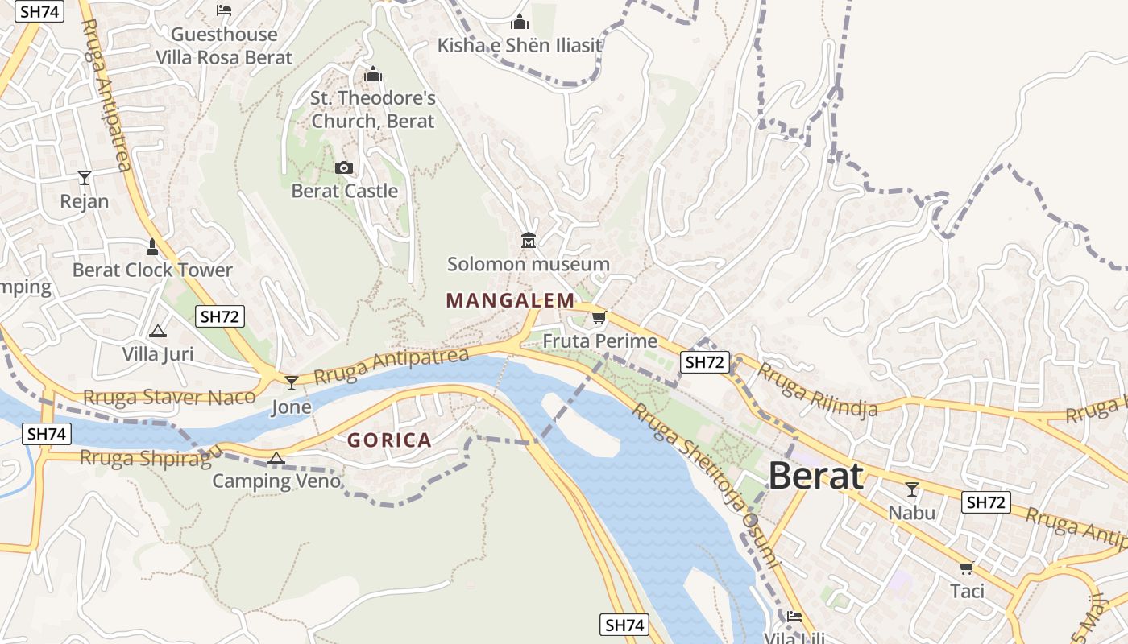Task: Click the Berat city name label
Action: click(x=815, y=476)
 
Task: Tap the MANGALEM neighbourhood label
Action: click(x=510, y=301)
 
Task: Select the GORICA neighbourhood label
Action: click(x=389, y=440)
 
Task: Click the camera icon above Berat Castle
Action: click(x=344, y=167)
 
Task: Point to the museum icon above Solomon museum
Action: click(x=529, y=240)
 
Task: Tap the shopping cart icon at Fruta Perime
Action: click(x=599, y=318)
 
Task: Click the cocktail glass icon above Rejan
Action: click(x=85, y=177)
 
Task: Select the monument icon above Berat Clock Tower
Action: click(x=152, y=246)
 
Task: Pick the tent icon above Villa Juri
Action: click(x=158, y=331)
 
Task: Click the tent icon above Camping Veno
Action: click(x=276, y=459)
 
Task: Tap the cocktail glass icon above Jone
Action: click(x=292, y=383)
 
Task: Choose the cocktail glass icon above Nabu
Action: click(x=912, y=489)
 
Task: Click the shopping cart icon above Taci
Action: click(x=967, y=568)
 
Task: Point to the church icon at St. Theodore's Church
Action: click(x=373, y=75)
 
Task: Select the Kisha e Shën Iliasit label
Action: click(x=520, y=45)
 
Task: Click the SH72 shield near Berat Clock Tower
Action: click(x=220, y=316)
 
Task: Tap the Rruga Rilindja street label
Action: click(x=817, y=390)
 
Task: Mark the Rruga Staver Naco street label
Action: click(x=169, y=397)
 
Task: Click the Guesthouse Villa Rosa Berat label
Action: click(x=224, y=46)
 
